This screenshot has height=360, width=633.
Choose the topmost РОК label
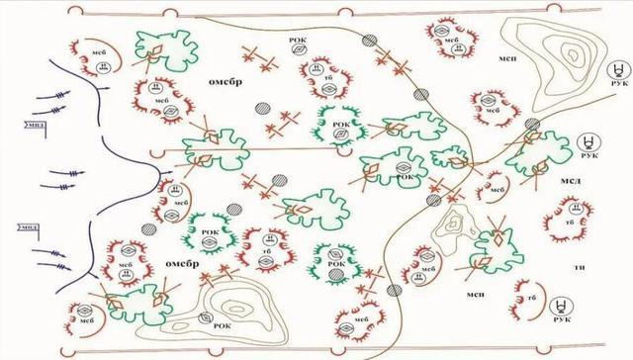[295, 40]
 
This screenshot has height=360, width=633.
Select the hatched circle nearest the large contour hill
[532, 125]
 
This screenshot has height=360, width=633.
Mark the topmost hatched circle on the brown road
[369, 42]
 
